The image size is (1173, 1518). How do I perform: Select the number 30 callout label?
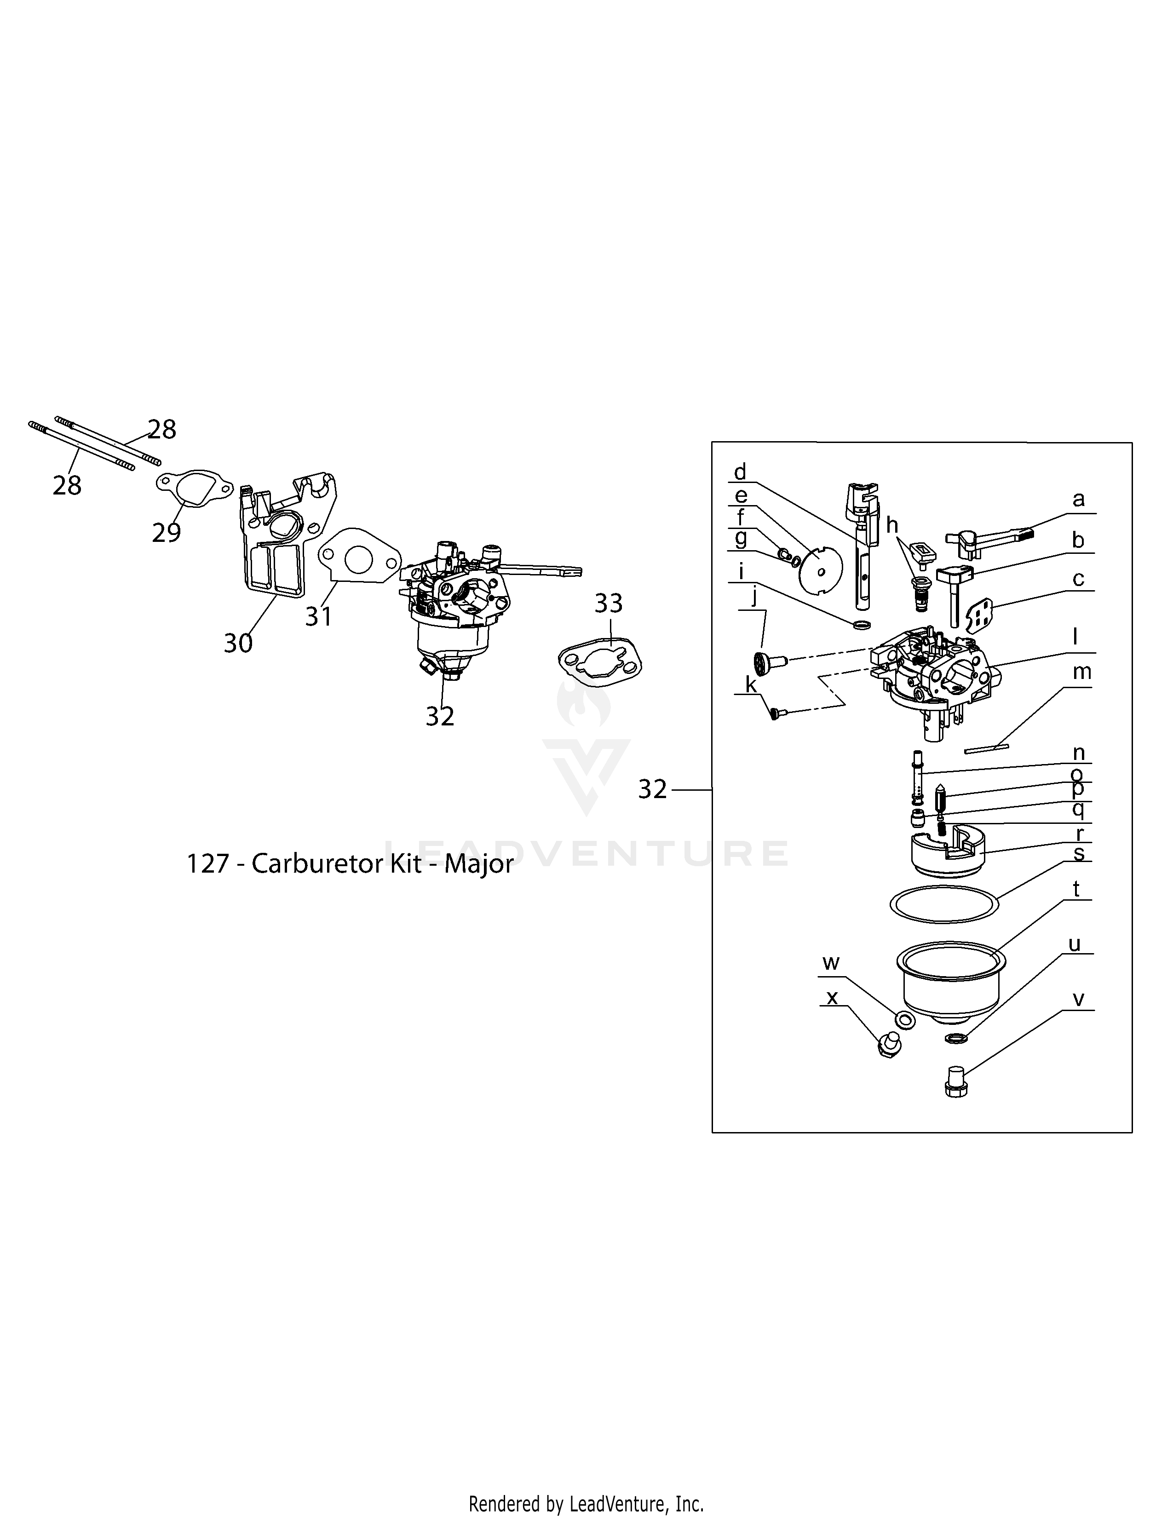238,643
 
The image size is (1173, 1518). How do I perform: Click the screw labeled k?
776,713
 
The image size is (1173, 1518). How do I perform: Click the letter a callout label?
1078,498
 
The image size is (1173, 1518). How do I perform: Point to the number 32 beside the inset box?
652,789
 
